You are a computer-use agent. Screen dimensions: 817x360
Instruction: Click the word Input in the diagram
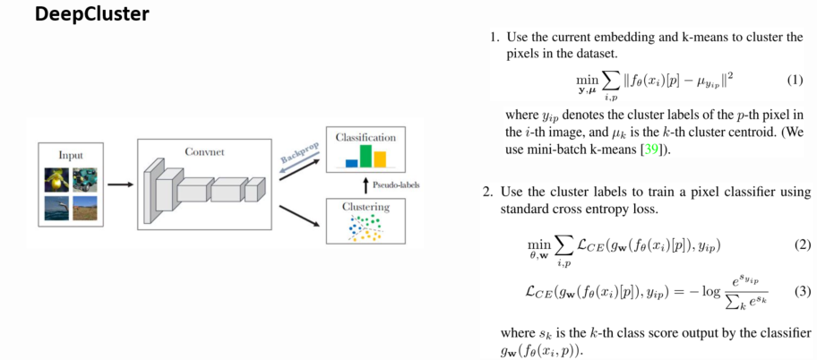[x=71, y=154]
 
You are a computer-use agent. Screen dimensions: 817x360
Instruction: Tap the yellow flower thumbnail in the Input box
[x=56, y=179]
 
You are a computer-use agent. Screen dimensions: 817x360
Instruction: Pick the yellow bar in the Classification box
[x=381, y=159]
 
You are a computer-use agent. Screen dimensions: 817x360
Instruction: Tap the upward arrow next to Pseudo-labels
[x=365, y=185]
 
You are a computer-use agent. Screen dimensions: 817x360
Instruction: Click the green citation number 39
[x=640, y=149]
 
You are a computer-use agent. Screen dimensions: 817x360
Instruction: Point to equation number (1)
[x=795, y=80]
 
